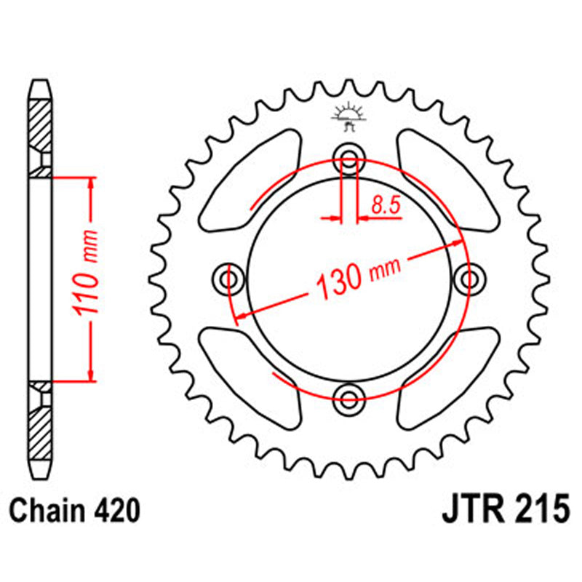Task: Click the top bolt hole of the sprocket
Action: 349,160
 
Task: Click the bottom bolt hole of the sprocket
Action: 349,396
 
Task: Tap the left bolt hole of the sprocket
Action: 230,278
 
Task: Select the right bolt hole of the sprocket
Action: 469,278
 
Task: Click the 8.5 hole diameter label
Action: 386,206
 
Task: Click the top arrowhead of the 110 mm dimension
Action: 90,183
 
